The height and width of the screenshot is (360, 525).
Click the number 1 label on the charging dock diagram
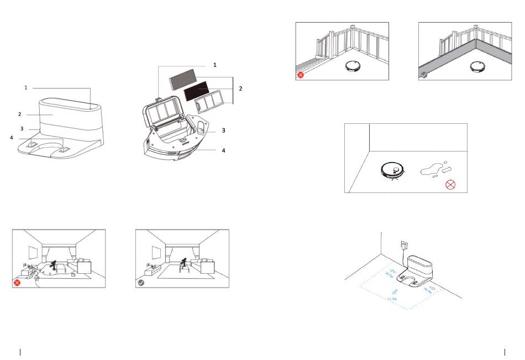pos(25,87)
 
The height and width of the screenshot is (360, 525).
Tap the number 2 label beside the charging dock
pos(19,114)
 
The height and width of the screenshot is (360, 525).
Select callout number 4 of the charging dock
pos(11,137)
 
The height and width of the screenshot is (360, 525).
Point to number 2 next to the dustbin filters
pos(240,88)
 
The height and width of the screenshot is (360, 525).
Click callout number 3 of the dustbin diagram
pos(223,130)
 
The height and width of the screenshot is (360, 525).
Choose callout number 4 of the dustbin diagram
pos(223,150)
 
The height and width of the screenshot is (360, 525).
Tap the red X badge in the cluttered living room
pos(18,283)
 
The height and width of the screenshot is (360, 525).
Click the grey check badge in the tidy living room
pos(141,283)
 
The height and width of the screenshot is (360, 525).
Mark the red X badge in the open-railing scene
pos(301,74)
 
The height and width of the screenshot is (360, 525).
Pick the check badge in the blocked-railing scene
pos(423,74)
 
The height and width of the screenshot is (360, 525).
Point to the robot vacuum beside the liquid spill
pos(393,170)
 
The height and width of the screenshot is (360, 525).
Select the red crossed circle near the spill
pos(451,184)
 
